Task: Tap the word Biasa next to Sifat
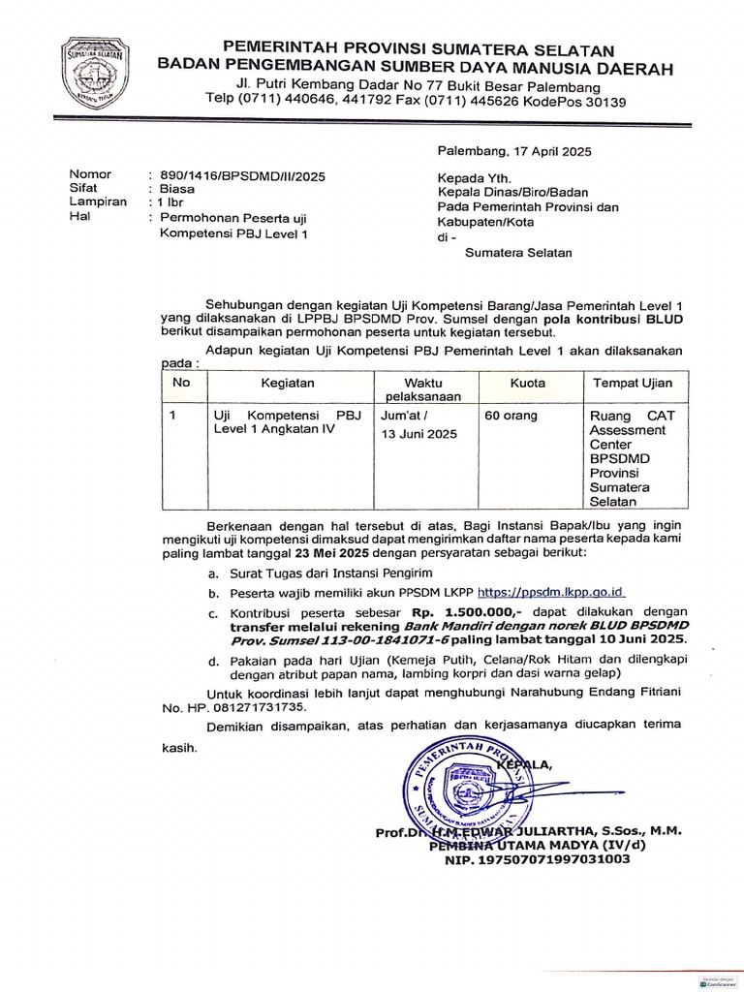177,189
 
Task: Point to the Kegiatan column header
286,384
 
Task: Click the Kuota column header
528,384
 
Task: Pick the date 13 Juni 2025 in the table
419,434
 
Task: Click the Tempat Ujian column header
633,384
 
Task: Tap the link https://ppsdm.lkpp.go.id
552,591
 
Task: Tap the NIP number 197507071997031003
537,858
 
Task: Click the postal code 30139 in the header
605,102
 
